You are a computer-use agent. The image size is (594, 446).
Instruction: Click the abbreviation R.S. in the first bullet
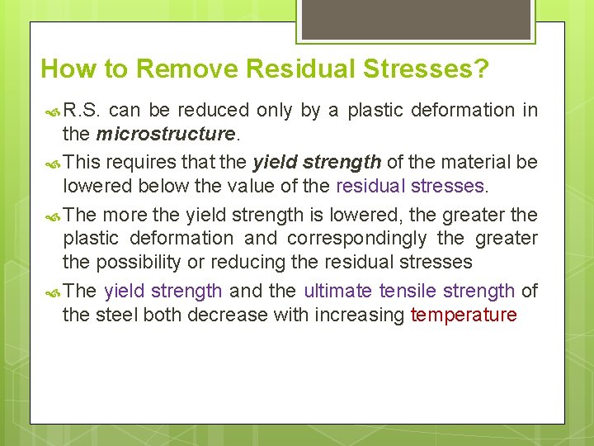coord(82,110)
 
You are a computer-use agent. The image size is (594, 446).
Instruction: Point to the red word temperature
coord(464,315)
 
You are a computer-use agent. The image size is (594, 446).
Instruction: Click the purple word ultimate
coord(338,291)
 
